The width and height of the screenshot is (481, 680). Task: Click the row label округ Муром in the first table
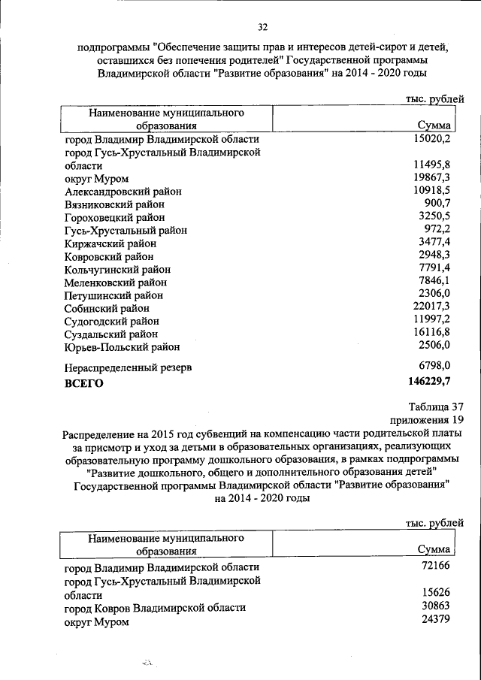coord(97,178)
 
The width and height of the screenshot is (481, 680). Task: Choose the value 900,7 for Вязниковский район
coord(437,204)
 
